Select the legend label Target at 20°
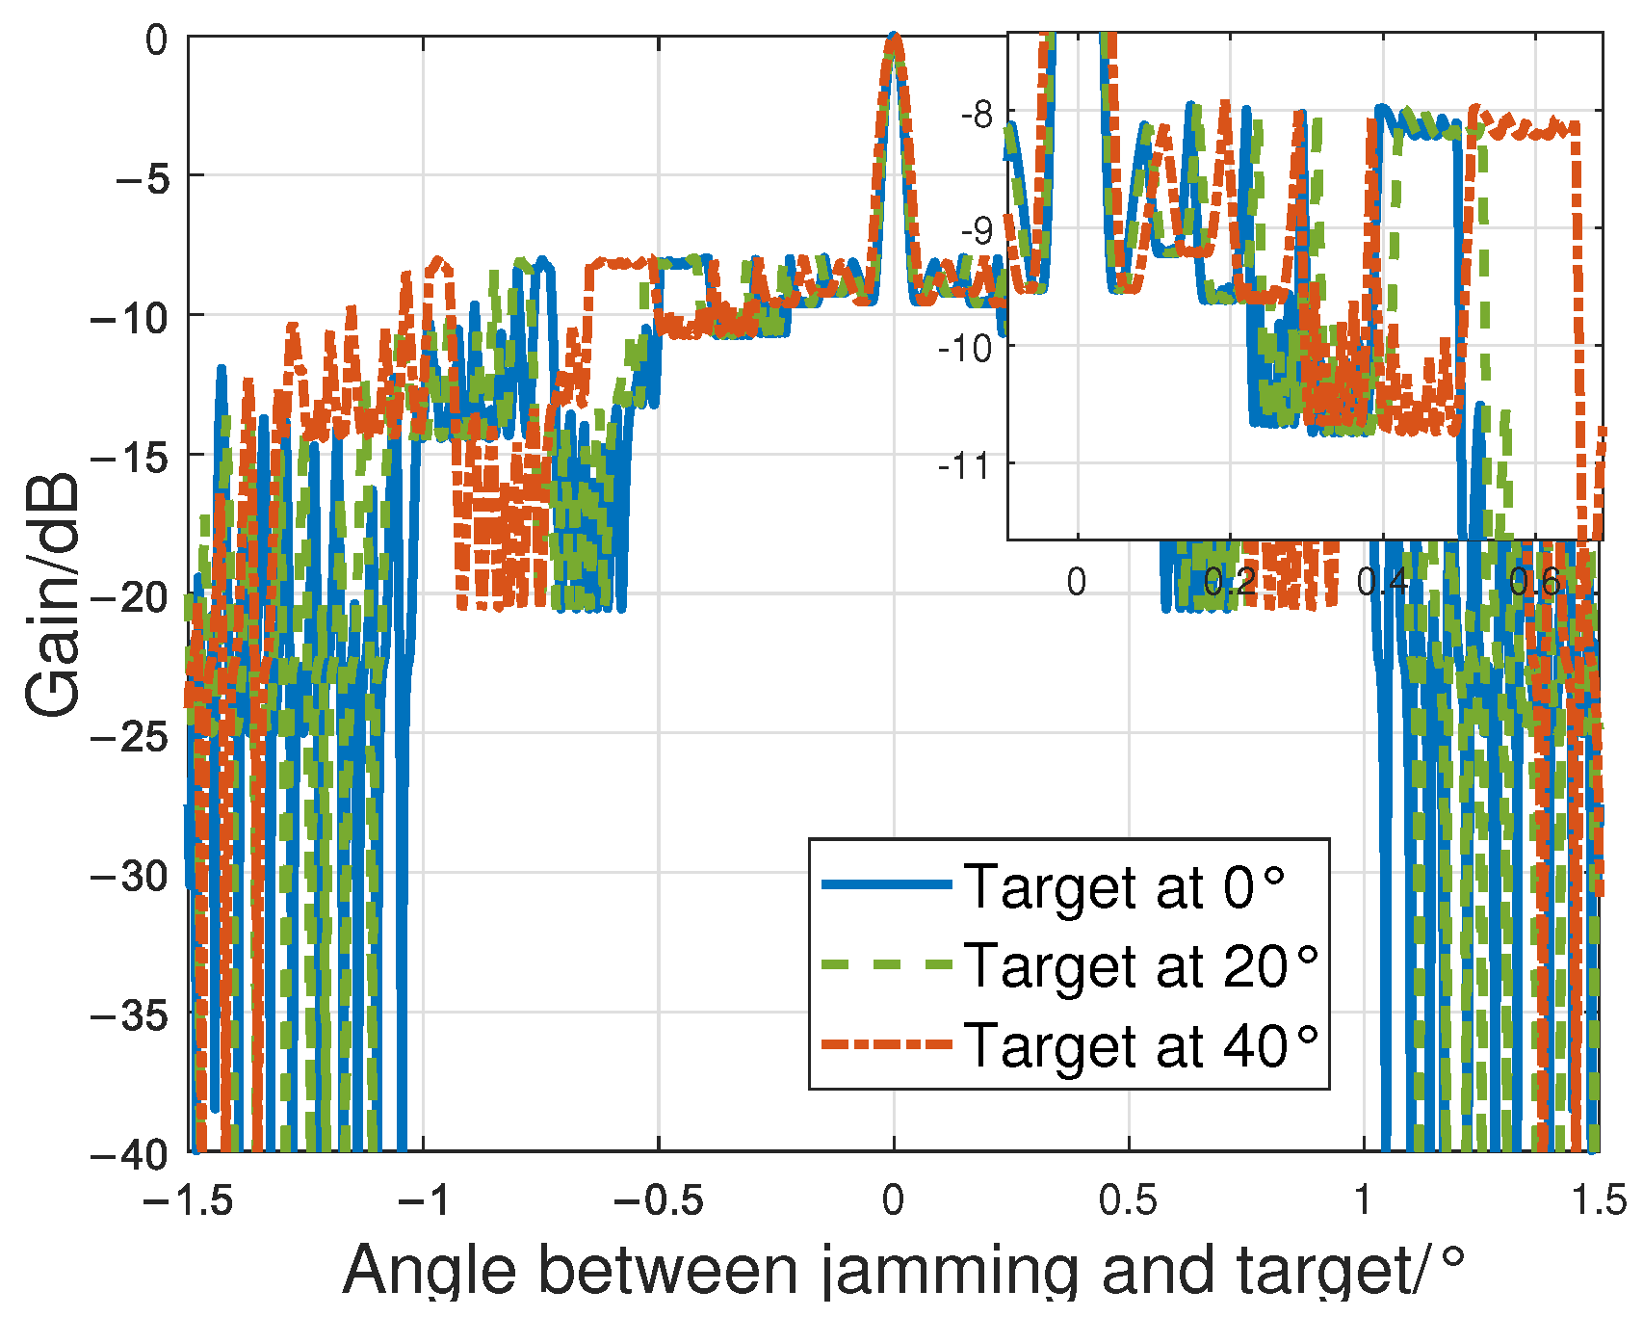coord(1140,966)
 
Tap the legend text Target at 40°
coord(1140,1045)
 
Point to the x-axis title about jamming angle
coord(903,1271)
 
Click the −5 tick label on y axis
coord(142,177)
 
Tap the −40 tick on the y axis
coord(130,1153)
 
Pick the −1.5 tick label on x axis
coord(189,1201)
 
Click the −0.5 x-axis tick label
coord(659,1201)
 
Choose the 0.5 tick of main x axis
coord(1128,1201)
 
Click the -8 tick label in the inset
coord(977,114)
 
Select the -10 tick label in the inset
coord(966,349)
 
